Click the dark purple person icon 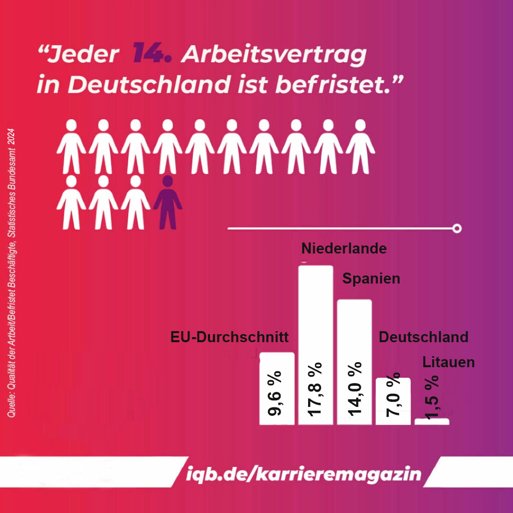coord(167,202)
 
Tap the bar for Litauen coord(432,421)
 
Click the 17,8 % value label coord(316,388)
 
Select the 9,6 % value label coord(276,394)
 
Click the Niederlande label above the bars coord(344,248)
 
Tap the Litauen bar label coord(448,362)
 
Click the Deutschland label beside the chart coord(423,337)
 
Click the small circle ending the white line coord(456,228)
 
